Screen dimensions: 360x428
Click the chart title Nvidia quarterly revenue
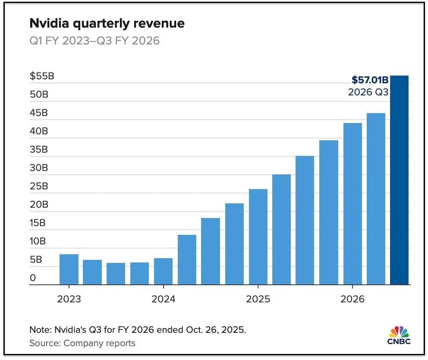[107, 23]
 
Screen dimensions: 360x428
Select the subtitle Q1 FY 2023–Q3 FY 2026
[94, 41]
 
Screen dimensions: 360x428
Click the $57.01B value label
[370, 80]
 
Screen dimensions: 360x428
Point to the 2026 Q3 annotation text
[368, 92]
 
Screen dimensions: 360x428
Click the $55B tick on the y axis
[42, 76]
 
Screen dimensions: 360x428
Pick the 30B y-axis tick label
[39, 168]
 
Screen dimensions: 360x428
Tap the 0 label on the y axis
[33, 278]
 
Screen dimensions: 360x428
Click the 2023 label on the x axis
[69, 299]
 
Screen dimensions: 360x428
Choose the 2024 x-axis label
[164, 299]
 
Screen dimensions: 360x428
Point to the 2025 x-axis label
[258, 299]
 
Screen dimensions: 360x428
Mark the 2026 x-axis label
[352, 299]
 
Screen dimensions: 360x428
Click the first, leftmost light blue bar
[69, 269]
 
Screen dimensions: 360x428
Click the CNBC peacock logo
[399, 335]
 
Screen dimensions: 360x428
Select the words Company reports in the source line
[100, 344]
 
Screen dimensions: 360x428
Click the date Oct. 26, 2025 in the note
[214, 330]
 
